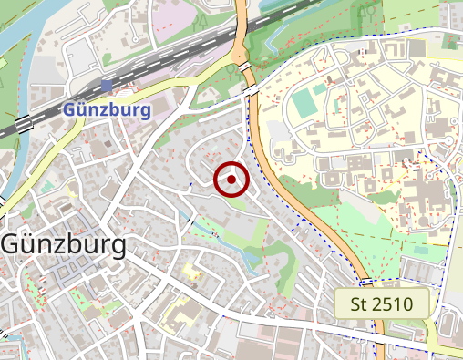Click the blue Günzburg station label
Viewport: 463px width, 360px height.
coord(107,110)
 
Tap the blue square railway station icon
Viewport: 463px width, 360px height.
coord(107,86)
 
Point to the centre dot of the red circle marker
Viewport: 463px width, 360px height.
coord(231,180)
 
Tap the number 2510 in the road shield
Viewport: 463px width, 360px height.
coord(394,303)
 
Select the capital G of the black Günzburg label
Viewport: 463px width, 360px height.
coord(13,244)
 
